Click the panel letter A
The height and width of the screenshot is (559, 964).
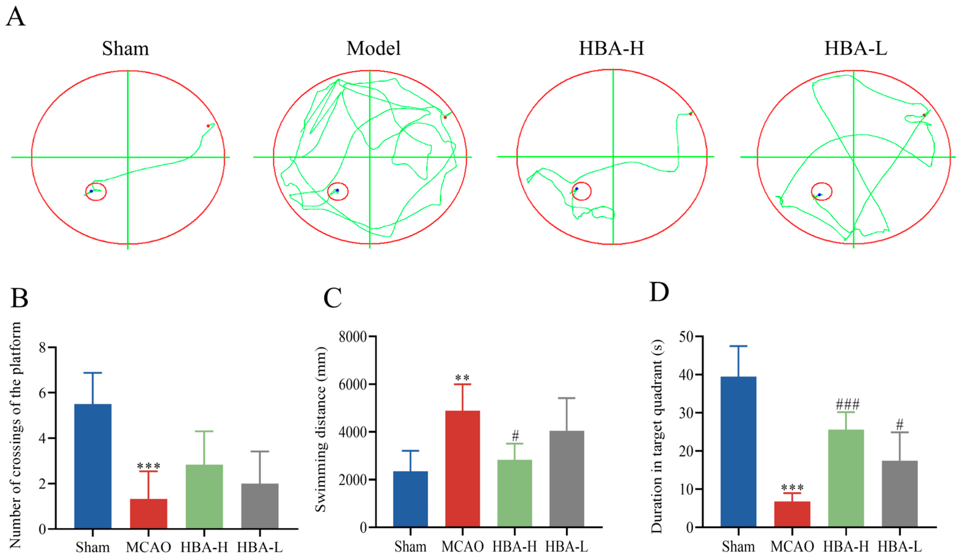pyautogui.click(x=15, y=17)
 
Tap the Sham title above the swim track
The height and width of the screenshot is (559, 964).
pyautogui.click(x=125, y=49)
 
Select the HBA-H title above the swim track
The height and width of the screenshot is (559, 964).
pyautogui.click(x=611, y=49)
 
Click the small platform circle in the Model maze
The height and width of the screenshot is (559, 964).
pyautogui.click(x=338, y=191)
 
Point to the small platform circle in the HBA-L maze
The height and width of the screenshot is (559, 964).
pyautogui.click(x=821, y=191)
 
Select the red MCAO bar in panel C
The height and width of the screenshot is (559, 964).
pyautogui.click(x=462, y=469)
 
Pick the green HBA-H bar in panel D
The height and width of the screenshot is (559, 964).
pyautogui.click(x=846, y=478)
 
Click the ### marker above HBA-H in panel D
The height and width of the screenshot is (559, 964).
pyautogui.click(x=847, y=404)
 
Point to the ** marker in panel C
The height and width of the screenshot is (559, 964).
pyautogui.click(x=462, y=378)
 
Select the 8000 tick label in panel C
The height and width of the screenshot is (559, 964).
pyautogui.click(x=352, y=337)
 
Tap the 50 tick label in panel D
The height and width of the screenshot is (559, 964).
pyautogui.click(x=686, y=337)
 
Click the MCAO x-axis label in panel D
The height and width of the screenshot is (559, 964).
pyautogui.click(x=792, y=547)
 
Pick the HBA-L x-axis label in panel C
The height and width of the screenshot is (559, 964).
pyautogui.click(x=567, y=547)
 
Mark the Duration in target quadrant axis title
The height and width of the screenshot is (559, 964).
pyautogui.click(x=657, y=436)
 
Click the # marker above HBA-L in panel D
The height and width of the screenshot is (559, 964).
pyautogui.click(x=900, y=424)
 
